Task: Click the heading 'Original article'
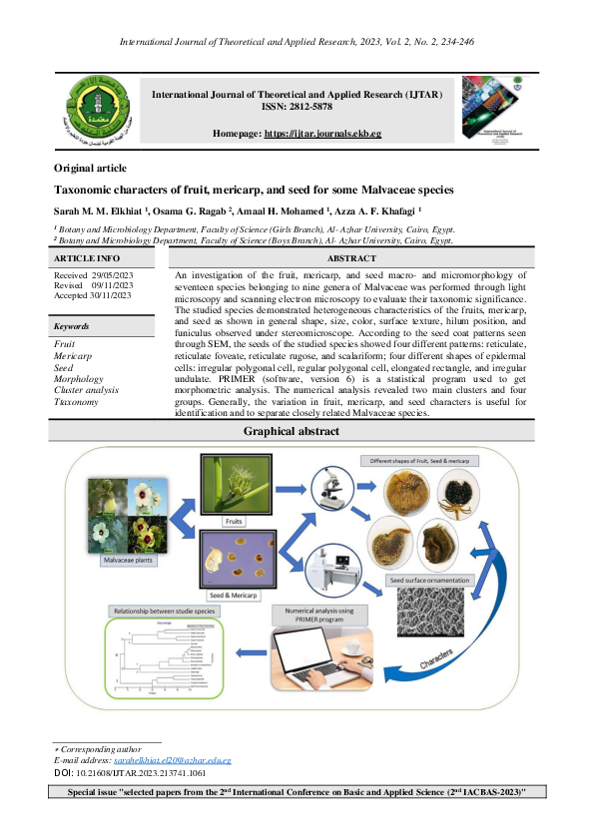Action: point(90,169)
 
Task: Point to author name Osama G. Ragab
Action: point(201,210)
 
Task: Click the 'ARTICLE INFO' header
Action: point(87,257)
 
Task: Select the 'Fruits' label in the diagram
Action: point(232,520)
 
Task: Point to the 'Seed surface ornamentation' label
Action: point(429,580)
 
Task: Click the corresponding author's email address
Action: point(173,760)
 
